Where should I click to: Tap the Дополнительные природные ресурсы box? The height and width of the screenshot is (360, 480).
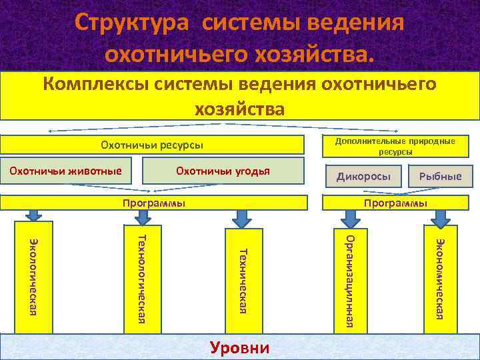tap(395, 146)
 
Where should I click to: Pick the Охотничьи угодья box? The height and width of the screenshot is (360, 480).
tap(223, 172)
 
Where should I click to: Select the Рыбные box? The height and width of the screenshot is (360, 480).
tap(440, 176)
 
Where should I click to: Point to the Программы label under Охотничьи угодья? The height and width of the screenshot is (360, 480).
tap(154, 203)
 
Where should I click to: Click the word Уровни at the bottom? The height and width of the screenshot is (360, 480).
tap(240, 347)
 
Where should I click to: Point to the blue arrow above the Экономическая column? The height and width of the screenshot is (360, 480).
tap(440, 217)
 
